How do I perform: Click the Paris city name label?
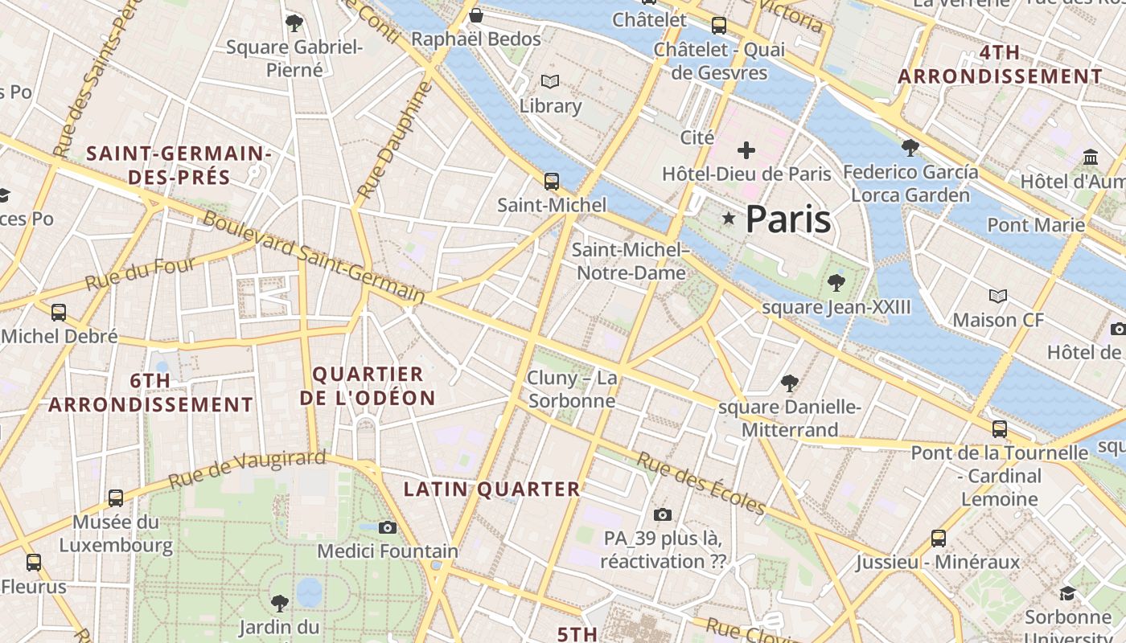(x=787, y=219)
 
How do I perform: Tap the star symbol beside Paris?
(x=729, y=218)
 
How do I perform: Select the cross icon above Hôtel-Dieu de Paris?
(x=746, y=150)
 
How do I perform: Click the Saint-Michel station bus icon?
(x=551, y=182)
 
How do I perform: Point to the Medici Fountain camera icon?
(x=388, y=527)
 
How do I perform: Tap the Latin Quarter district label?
(x=491, y=489)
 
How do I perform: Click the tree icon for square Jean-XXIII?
(x=836, y=282)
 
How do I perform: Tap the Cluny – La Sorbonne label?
(x=572, y=389)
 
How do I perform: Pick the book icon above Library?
(x=550, y=82)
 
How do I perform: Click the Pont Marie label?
(x=1036, y=224)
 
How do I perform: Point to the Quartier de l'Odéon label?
(x=368, y=386)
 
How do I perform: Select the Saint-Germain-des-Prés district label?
(x=179, y=165)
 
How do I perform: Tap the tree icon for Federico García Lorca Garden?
(x=910, y=147)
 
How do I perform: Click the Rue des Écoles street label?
(x=701, y=483)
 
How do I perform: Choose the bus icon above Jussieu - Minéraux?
(x=938, y=538)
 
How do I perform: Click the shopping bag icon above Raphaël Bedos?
(x=476, y=15)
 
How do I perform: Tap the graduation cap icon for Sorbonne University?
(x=1067, y=593)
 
